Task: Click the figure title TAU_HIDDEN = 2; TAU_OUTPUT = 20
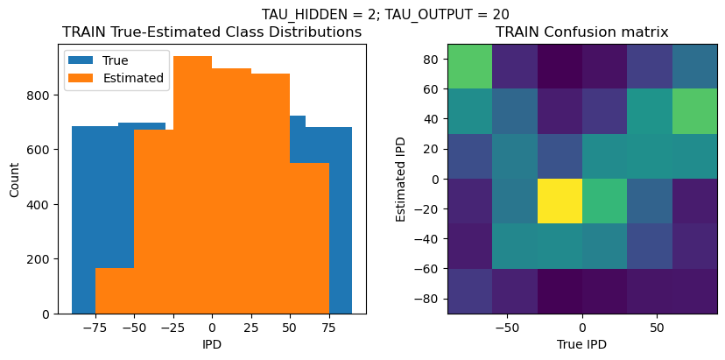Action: coord(385,14)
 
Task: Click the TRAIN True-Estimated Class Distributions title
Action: coord(212,32)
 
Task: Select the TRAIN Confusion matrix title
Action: coord(582,32)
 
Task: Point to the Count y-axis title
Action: coord(16,179)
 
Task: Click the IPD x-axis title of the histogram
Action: coord(212,344)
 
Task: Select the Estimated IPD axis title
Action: coord(401,179)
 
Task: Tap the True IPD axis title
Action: coord(582,344)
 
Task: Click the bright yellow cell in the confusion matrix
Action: coord(560,201)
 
